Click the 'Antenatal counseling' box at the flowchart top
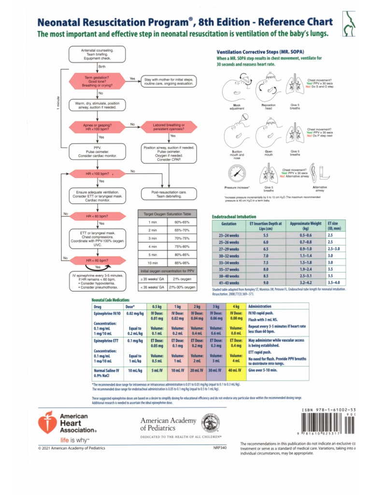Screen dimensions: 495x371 [98, 54]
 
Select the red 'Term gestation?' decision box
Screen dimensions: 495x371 [97, 81]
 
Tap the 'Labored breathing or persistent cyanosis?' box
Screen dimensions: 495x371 [169, 127]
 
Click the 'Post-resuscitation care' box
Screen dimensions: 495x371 [169, 194]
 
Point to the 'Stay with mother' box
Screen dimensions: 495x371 [169, 81]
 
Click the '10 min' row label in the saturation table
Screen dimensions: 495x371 [153, 263]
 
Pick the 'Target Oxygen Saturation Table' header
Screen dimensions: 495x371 [168, 213]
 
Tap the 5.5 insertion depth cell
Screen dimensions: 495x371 [266, 235]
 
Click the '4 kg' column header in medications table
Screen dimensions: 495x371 [236, 306]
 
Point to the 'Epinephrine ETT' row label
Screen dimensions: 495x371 [106, 340]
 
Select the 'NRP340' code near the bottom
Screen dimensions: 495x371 [220, 448]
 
